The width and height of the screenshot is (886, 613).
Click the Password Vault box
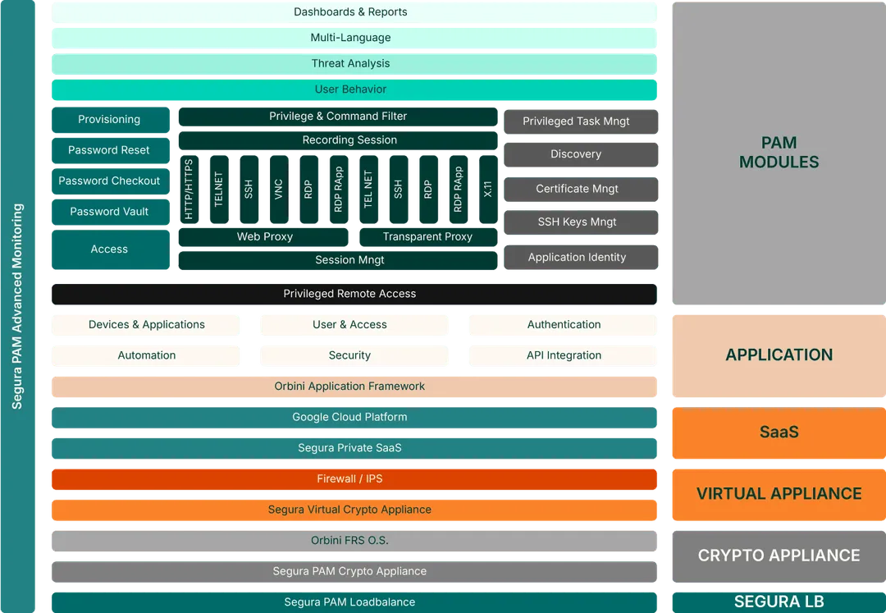109,212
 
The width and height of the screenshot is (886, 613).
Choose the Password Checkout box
109,181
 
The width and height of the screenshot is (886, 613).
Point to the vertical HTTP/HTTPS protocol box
190,190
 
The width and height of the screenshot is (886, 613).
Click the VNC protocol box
279,190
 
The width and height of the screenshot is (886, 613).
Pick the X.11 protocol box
488,190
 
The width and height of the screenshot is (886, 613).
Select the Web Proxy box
264,236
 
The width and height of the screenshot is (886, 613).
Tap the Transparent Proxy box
427,236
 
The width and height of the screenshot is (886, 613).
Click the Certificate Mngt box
578,189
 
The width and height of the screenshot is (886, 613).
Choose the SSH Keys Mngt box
578,222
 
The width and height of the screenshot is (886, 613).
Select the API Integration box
564,355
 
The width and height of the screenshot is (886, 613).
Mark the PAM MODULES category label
779,153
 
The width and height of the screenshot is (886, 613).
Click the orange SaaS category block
779,432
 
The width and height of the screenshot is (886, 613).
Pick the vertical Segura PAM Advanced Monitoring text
18,306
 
